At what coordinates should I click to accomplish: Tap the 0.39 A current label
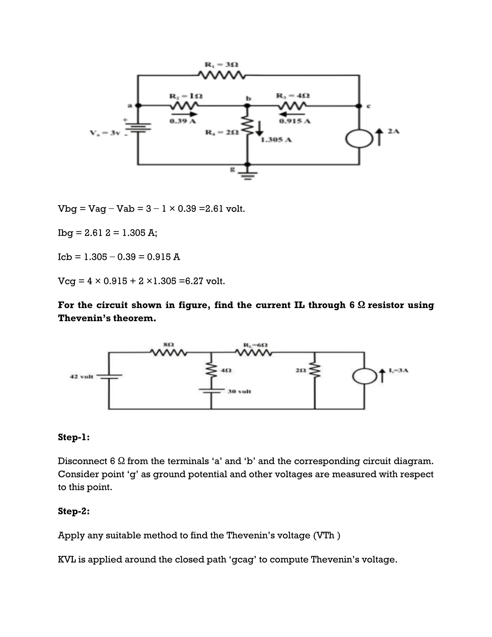(183, 121)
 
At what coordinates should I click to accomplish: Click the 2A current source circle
(359, 139)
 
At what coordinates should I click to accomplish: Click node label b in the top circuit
(248, 99)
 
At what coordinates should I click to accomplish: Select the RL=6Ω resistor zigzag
(254, 353)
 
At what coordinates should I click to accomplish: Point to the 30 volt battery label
(239, 391)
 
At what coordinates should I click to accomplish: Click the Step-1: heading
(74, 437)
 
